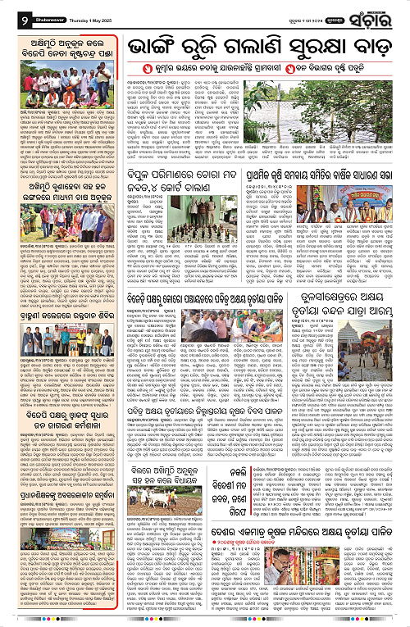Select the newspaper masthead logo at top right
point(381,13)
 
